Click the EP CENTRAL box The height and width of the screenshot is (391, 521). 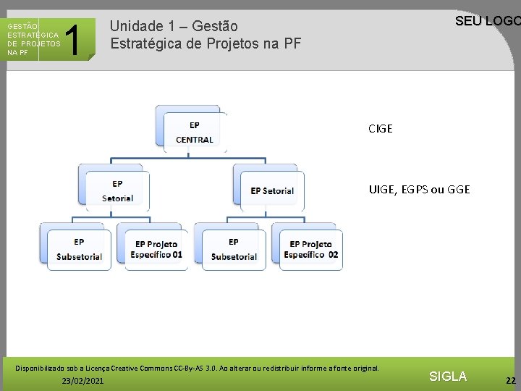click(x=194, y=133)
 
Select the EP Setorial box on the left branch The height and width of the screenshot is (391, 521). click(x=117, y=191)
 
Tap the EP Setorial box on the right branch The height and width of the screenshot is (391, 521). click(x=271, y=191)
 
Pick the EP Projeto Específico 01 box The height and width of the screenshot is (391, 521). click(x=156, y=250)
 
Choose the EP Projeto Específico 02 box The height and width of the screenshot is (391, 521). click(x=310, y=250)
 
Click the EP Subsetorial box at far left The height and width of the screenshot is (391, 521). click(x=79, y=250)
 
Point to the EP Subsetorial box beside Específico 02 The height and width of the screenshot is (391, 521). click(x=233, y=250)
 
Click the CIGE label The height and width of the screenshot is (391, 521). click(x=380, y=129)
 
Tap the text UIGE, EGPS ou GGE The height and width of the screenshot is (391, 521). click(x=419, y=190)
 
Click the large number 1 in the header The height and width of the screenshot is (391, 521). click(x=72, y=39)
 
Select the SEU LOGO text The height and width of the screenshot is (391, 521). click(x=486, y=21)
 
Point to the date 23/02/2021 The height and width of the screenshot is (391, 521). click(x=82, y=380)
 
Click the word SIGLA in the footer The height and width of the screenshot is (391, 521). click(x=448, y=376)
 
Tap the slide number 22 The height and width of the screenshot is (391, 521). click(x=511, y=380)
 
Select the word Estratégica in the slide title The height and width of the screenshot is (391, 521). click(x=145, y=43)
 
